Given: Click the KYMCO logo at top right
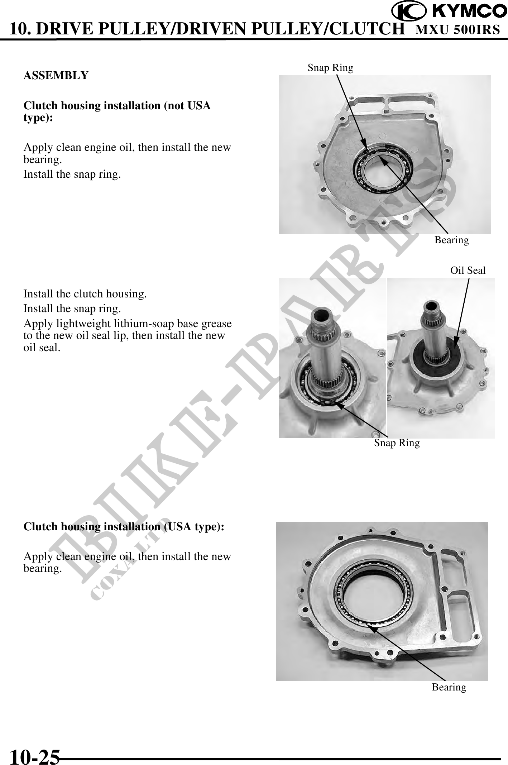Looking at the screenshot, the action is click(449, 11).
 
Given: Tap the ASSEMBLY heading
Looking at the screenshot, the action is click(56, 76).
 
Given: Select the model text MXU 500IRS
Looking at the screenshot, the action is click(457, 29).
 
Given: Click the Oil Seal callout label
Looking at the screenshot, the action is click(468, 271).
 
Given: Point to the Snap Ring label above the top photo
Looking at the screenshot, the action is click(330, 68).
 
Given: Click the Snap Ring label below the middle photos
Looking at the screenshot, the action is click(397, 443).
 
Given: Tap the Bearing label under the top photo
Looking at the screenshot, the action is click(452, 240).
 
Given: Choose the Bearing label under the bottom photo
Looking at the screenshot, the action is click(449, 687).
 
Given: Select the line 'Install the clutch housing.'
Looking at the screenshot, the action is click(85, 294).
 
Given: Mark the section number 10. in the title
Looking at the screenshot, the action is click(21, 29).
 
